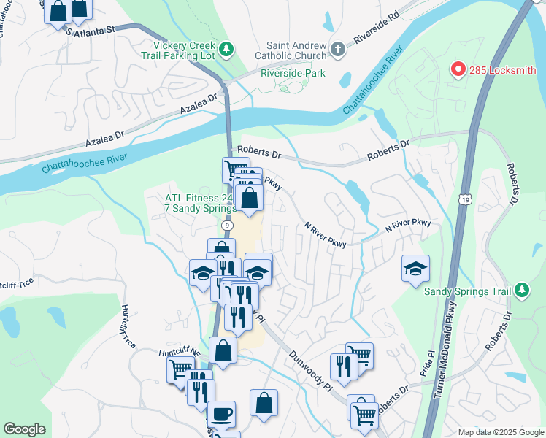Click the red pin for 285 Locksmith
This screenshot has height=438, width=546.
point(458,69)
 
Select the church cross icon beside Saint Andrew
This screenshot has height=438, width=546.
point(337,49)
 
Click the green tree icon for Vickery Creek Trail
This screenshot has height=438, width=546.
point(227,49)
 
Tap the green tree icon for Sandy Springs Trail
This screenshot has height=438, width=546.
point(521,291)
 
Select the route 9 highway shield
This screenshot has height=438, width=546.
point(229,227)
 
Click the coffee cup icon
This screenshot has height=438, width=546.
point(222,414)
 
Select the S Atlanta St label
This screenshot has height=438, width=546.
point(91,31)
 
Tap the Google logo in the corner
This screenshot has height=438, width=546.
point(24,429)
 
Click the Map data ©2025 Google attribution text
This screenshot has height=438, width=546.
point(500,432)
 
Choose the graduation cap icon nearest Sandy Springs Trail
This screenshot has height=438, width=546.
point(415,269)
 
